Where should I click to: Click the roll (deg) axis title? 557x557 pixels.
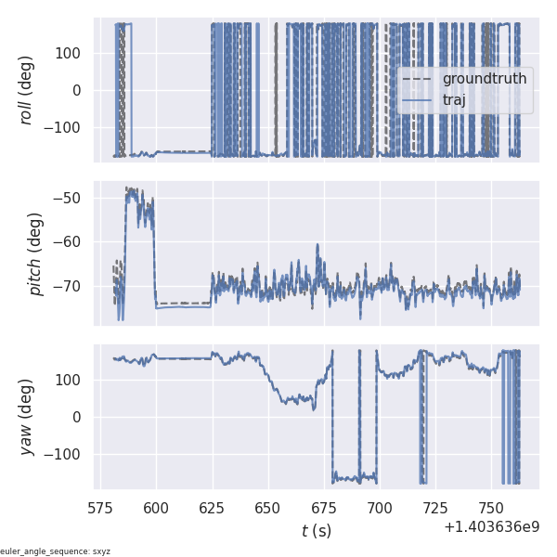(x=27, y=90)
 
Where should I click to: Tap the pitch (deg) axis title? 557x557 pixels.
(x=36, y=253)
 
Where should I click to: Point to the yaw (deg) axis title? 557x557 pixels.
(x=27, y=417)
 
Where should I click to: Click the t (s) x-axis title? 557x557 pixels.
(x=317, y=531)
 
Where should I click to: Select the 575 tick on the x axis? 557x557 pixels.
(x=101, y=508)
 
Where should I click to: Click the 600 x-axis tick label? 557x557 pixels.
(x=157, y=508)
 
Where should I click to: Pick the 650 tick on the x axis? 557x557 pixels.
(x=268, y=508)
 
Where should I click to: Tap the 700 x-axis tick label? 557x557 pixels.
(x=380, y=508)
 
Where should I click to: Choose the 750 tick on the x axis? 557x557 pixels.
(x=491, y=508)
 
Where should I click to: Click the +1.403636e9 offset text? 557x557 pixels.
(x=491, y=526)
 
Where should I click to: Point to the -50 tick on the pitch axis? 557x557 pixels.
(x=73, y=198)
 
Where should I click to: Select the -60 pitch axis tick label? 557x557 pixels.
(x=73, y=242)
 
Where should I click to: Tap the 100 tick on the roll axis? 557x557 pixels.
(x=71, y=53)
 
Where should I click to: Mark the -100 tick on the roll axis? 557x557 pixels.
(x=67, y=127)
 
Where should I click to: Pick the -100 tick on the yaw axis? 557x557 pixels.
(x=67, y=454)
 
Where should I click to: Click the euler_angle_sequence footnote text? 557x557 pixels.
(x=56, y=551)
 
